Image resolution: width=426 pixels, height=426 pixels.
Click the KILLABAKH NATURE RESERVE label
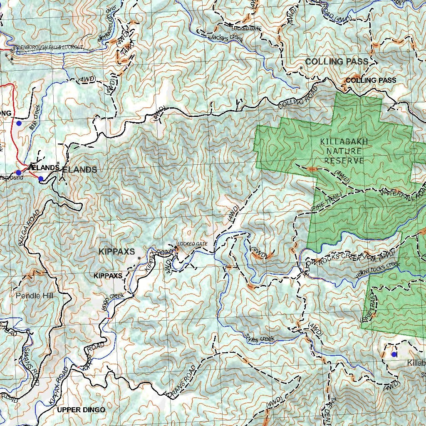pyautogui.click(x=344, y=151)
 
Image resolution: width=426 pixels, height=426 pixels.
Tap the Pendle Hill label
pyautogui.click(x=35, y=296)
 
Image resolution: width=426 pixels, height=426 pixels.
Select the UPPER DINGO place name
pyautogui.click(x=81, y=410)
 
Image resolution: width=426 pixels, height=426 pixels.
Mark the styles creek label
pyautogui.click(x=260, y=338)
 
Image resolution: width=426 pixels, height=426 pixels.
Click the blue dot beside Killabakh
pyautogui.click(x=394, y=354)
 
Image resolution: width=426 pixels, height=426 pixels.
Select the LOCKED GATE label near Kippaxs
pyautogui.click(x=192, y=244)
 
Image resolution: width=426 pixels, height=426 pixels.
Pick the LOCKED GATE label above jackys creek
pyautogui.click(x=246, y=29)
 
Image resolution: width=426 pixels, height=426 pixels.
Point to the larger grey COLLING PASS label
pyautogui.click(x=337, y=62)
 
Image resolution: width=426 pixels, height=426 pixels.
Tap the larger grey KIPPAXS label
pyautogui.click(x=116, y=252)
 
